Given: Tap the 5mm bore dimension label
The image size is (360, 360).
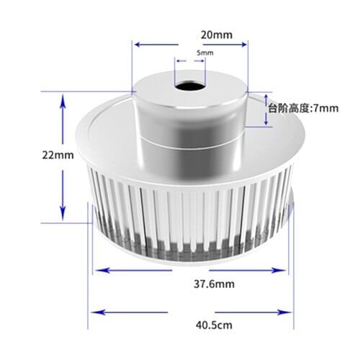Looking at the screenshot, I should tap(204, 53).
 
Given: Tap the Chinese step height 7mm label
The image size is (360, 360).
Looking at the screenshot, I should tap(302, 109).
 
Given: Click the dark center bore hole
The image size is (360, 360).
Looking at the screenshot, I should tap(189, 87).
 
